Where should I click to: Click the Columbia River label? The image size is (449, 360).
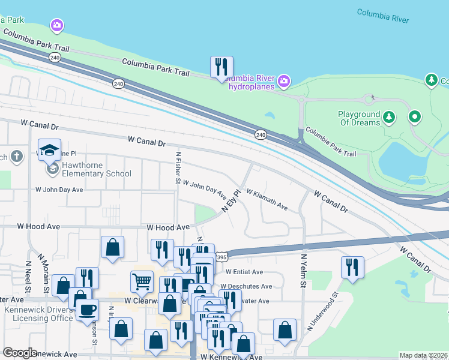pos(382,16)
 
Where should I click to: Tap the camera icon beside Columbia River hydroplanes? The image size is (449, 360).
pos(284,80)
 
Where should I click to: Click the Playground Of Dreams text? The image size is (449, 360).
pos(359,118)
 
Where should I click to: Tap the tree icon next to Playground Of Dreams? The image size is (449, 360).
pos(389,116)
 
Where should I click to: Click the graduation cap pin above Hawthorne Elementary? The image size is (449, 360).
pos(50,149)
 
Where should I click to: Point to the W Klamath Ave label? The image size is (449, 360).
pos(267,199)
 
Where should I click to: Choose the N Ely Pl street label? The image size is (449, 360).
pos(231,201)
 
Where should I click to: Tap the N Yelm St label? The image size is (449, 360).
pos(304,270)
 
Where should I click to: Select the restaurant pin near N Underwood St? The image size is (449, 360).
pos(352,266)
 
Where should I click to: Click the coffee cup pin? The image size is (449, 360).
pos(88,309)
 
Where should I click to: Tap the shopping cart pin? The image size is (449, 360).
pos(142,280)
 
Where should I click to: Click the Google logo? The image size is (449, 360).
pos(20,353)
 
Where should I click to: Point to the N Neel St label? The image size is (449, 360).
pos(28,276)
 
